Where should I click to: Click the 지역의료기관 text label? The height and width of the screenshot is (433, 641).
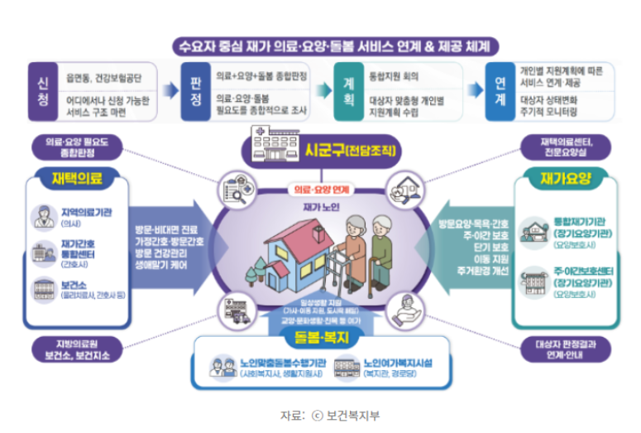(85, 212)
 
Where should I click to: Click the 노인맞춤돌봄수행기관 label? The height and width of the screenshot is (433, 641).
(277, 363)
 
